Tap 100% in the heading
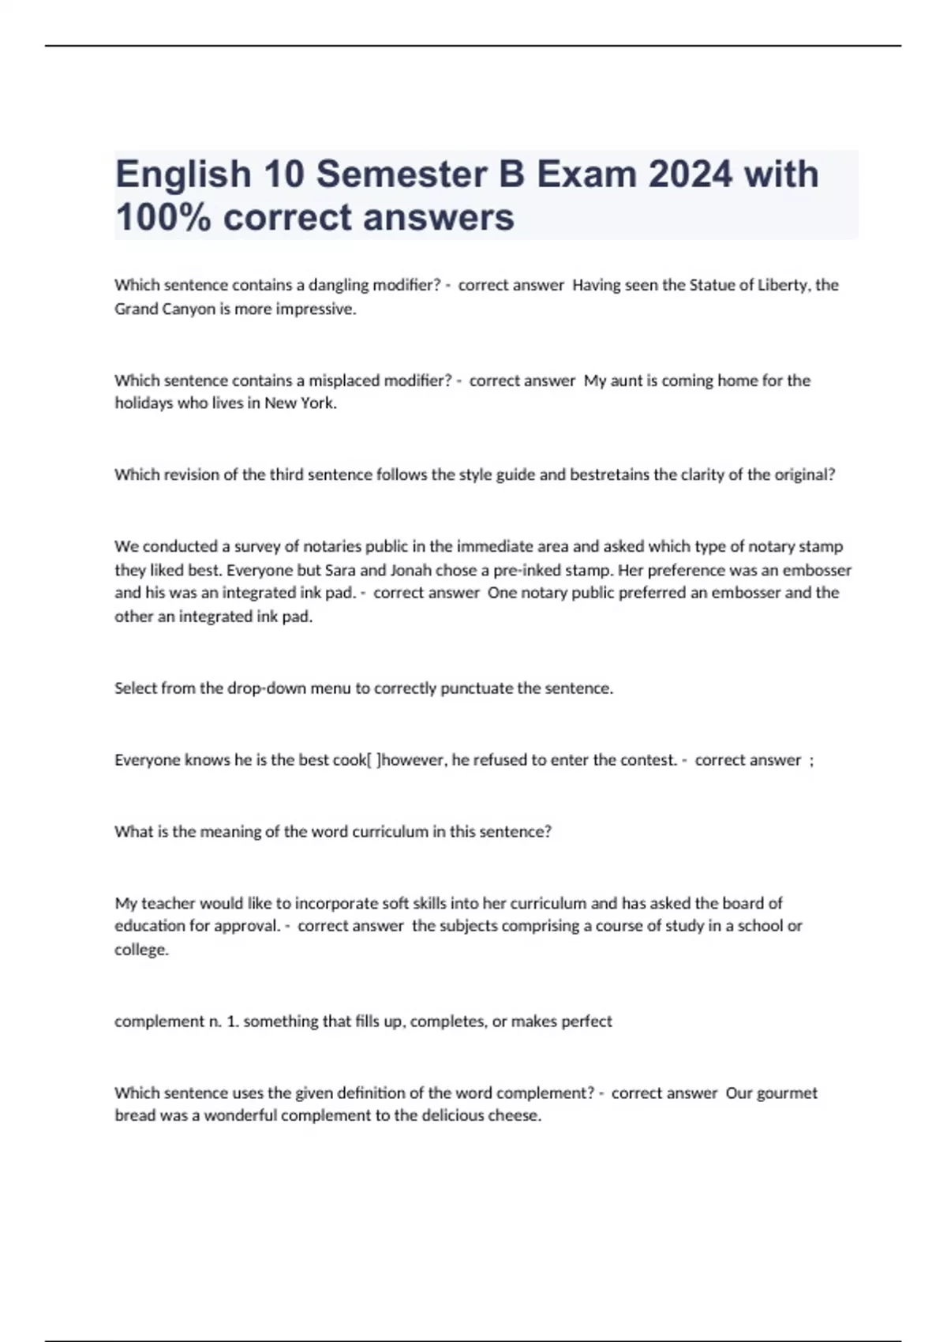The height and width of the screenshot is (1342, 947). (x=163, y=217)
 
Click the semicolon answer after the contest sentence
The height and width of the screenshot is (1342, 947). (x=811, y=761)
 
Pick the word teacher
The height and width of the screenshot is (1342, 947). (x=167, y=903)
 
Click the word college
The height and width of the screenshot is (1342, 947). (x=141, y=950)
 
